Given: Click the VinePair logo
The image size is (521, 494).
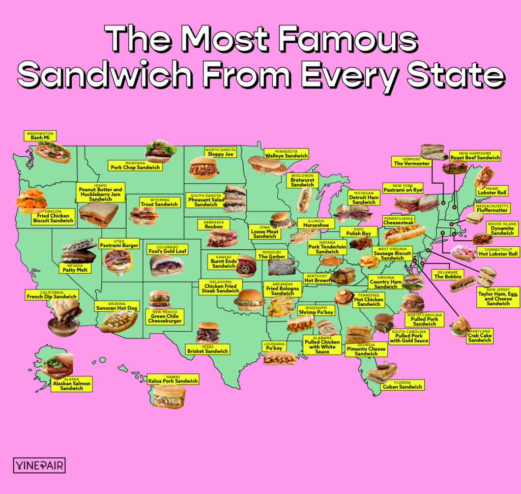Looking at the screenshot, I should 39,465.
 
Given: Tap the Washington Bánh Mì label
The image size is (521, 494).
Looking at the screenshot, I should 39,135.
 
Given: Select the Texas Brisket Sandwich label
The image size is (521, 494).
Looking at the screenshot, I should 208,349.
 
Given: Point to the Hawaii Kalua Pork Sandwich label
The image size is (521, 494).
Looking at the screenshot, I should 172,379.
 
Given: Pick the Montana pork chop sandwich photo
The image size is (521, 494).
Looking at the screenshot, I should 161,151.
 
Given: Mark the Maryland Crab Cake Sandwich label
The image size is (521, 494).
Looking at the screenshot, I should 479,337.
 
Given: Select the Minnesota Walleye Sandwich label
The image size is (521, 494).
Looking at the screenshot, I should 286,154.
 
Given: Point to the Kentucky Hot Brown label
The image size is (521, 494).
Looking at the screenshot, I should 317,278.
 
